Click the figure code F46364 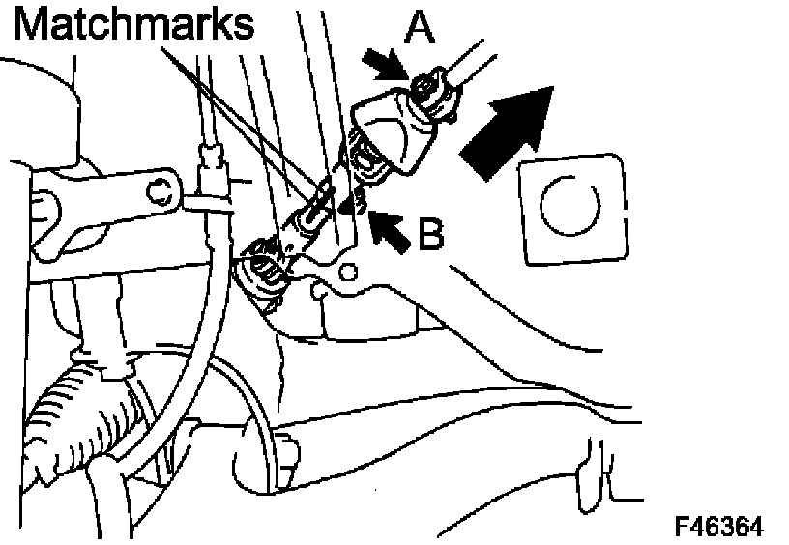tap(718, 525)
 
